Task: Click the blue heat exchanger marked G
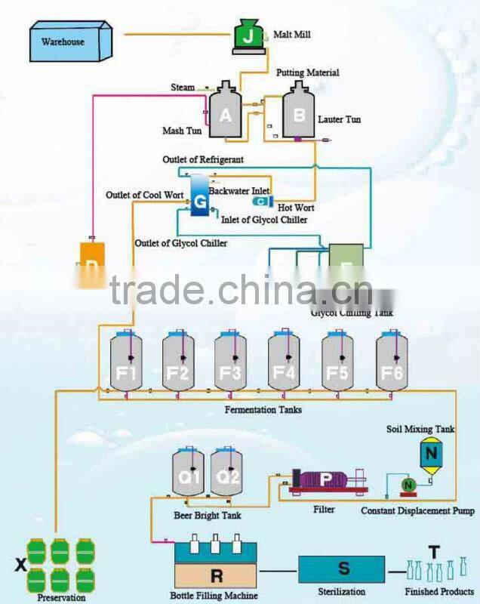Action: coord(199,198)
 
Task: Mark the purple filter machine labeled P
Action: coord(325,479)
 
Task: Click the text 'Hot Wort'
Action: coord(297,208)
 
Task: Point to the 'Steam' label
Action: coord(182,88)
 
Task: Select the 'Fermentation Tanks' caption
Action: coord(263,409)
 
